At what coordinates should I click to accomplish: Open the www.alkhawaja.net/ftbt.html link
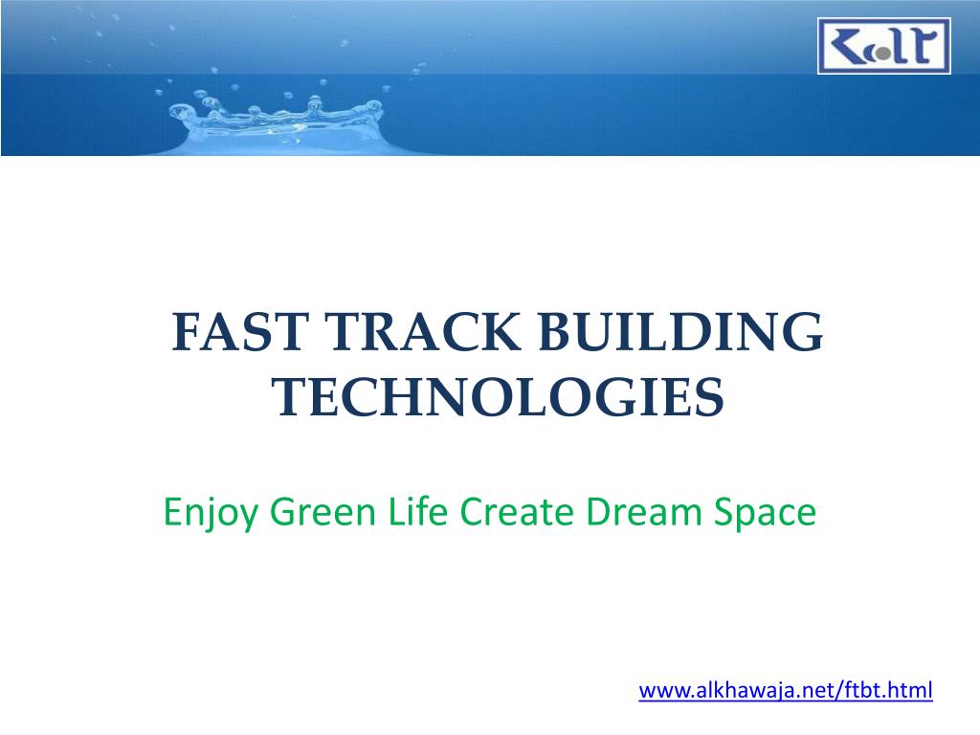785,690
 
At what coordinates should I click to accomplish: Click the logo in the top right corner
883,46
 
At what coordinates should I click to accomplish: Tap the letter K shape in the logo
847,46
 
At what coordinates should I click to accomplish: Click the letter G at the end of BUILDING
802,336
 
